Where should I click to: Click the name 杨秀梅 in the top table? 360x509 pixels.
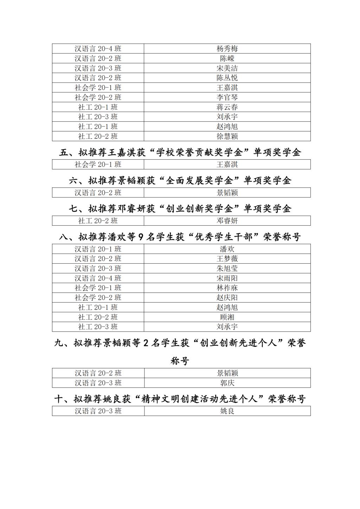(x=227, y=49)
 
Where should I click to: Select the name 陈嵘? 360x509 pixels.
(x=227, y=58)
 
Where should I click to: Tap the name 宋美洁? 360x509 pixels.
(x=227, y=68)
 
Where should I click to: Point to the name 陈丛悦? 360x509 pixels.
(x=227, y=78)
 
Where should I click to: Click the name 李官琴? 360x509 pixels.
(x=227, y=97)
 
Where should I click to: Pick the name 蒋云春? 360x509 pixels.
(x=227, y=107)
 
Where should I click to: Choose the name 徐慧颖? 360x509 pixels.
(x=227, y=136)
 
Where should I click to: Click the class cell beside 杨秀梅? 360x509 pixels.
(x=98, y=49)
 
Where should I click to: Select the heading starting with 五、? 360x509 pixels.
(x=180, y=153)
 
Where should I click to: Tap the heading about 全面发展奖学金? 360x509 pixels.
(x=180, y=181)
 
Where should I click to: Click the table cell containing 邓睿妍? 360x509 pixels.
(x=227, y=221)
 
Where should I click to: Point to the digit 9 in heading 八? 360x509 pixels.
(x=141, y=237)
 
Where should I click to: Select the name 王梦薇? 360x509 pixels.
(x=227, y=259)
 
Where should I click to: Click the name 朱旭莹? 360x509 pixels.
(x=227, y=269)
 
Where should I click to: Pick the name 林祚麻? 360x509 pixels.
(x=227, y=288)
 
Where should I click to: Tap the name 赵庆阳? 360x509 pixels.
(x=227, y=298)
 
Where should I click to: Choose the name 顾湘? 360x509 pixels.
(x=227, y=317)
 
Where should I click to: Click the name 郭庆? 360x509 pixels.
(x=227, y=383)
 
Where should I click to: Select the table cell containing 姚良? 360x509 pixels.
(x=227, y=411)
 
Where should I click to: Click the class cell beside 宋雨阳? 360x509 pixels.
(x=98, y=278)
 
